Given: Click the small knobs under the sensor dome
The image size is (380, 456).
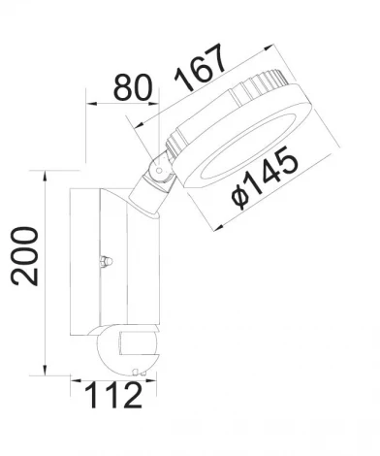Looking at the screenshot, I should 137,372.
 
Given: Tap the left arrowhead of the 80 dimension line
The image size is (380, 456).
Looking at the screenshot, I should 90,102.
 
